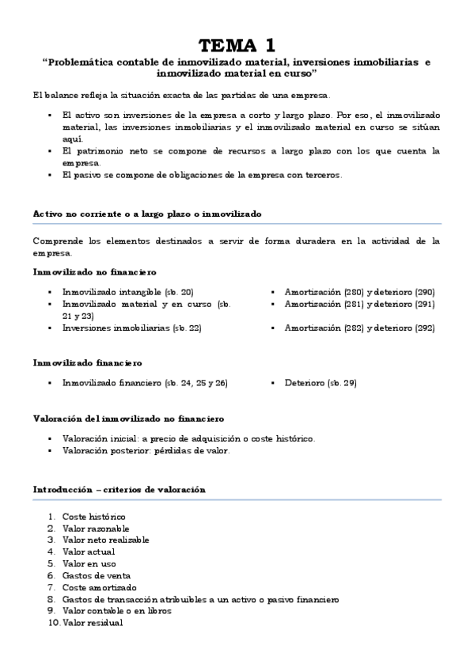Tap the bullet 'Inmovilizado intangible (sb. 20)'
[x=127, y=291]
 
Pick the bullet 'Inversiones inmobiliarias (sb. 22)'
[x=131, y=327]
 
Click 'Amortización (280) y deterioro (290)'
[x=359, y=291]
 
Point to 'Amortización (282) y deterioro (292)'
[x=359, y=327]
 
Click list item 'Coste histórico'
[x=93, y=516]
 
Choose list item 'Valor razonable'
[x=96, y=528]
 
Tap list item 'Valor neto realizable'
[x=105, y=540]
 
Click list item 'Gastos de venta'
[x=97, y=575]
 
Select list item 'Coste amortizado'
[x=99, y=587]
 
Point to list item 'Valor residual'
[x=93, y=623]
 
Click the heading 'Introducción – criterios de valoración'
[x=119, y=489]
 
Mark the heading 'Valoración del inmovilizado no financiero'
[x=128, y=418]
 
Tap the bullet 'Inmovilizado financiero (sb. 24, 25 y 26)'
[x=145, y=383]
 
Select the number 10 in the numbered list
[x=52, y=623]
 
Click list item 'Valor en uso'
[x=89, y=563]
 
